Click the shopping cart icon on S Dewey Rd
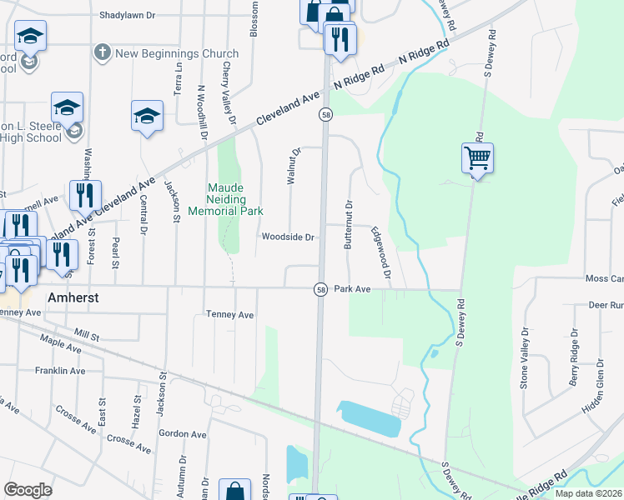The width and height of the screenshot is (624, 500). coord(477,157)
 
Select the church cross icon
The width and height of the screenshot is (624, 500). coord(103,52)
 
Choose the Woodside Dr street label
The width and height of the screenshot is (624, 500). coord(287,237)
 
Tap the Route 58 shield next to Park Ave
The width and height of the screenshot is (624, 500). coord(320,289)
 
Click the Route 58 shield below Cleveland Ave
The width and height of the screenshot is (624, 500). coord(326,115)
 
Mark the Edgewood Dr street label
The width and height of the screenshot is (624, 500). coord(381,252)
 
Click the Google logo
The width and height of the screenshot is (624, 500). coord(28,490)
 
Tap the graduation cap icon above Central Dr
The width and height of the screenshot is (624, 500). coord(147,117)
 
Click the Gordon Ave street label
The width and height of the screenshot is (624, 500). coord(182,434)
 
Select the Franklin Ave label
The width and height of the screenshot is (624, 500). coord(60,370)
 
